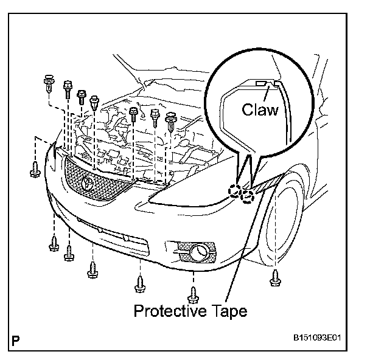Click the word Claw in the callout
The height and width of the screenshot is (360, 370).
tap(260, 109)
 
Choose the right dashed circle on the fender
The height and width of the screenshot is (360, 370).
tap(247, 196)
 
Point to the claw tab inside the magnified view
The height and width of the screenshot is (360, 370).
tap(262, 82)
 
